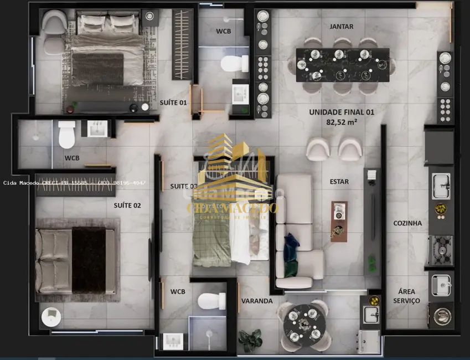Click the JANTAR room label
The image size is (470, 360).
click(x=341, y=26)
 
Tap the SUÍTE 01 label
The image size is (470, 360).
click(x=173, y=103)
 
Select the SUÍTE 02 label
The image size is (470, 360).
click(x=127, y=205)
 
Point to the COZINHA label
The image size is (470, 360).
click(x=407, y=223)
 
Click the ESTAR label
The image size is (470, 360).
click(x=339, y=181)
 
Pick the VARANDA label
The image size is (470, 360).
click(x=257, y=301)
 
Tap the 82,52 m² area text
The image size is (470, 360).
click(x=342, y=122)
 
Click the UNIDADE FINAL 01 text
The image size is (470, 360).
click(x=342, y=112)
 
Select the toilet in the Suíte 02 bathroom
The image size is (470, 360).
click(x=66, y=135)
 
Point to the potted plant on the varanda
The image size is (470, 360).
click(x=251, y=340)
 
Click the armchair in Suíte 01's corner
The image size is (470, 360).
click(x=54, y=23)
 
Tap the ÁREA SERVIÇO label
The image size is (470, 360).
click(x=406, y=296)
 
